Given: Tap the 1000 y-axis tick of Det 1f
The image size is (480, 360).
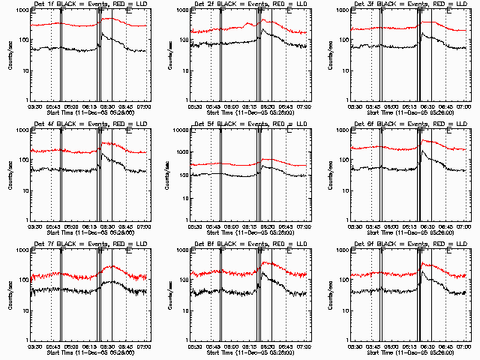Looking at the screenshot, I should click(21, 11).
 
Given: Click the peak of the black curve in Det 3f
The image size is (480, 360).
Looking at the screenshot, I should click(421, 33).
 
